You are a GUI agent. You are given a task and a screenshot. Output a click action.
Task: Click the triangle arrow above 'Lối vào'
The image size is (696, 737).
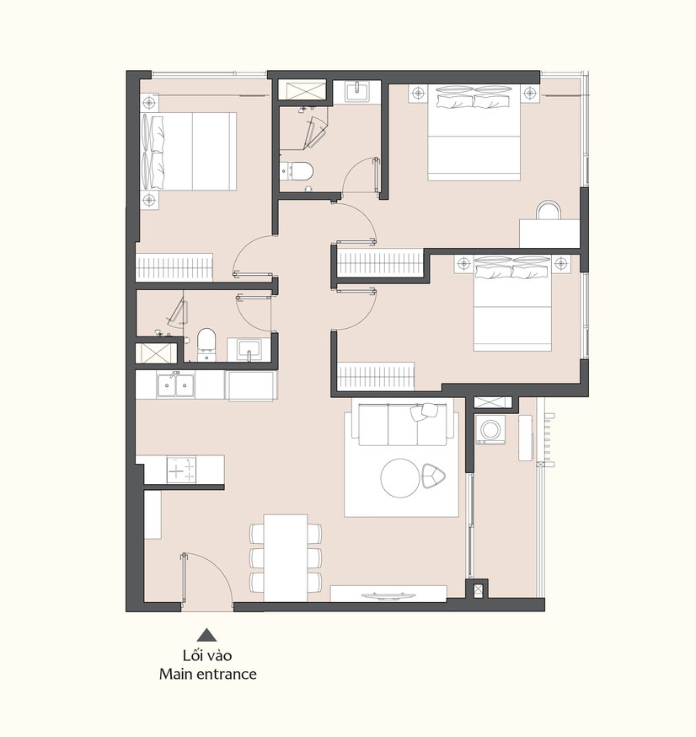tap(206, 635)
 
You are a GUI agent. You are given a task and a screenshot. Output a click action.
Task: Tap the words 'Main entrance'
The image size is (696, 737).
tap(207, 674)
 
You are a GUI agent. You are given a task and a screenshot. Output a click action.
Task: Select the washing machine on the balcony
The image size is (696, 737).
tap(490, 429)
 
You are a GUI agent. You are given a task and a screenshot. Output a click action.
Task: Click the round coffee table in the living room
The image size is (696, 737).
tap(400, 478)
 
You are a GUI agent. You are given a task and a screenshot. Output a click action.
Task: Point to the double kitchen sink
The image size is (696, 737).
tap(175, 385)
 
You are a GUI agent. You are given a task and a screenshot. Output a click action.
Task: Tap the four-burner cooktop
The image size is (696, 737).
tap(182, 469)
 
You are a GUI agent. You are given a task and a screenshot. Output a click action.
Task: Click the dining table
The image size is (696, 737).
tap(286, 558)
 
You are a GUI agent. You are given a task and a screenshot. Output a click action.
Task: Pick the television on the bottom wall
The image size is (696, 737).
tap(388, 596)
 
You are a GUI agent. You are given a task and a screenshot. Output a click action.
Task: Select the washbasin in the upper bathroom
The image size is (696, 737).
tap(357, 91)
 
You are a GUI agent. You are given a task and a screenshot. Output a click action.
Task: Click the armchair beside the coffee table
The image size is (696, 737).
tap(433, 476)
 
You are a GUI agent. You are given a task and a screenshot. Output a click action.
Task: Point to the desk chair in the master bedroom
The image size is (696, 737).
tap(549, 210)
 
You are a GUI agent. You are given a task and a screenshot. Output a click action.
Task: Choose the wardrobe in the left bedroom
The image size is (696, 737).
tap(174, 267)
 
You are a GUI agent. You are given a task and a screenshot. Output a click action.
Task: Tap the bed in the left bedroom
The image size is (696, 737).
tap(188, 151)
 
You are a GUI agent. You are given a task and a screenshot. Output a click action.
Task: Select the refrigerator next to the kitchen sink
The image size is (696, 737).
tap(251, 386)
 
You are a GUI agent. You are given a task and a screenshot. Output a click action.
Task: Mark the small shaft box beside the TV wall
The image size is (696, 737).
tap(478, 589)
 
